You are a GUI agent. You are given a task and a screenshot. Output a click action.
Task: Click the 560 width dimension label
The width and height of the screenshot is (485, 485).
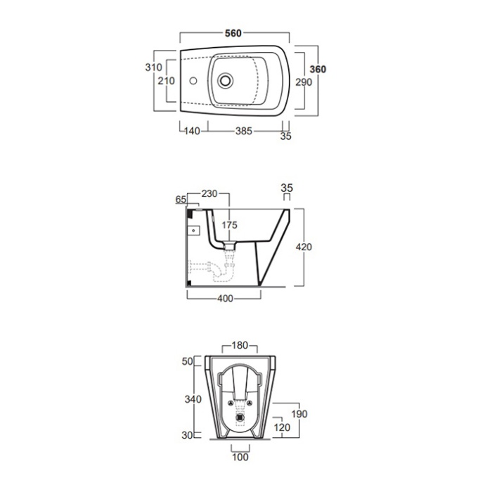(x=233, y=33)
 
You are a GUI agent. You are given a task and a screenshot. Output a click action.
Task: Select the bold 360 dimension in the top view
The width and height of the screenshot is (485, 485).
(x=318, y=69)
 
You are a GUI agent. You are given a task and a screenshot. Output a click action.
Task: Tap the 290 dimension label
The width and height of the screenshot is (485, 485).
(x=304, y=82)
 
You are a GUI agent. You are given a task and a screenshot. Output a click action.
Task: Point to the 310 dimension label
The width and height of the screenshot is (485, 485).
(x=154, y=67)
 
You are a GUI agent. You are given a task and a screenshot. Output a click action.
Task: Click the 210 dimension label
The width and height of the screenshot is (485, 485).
(x=167, y=81)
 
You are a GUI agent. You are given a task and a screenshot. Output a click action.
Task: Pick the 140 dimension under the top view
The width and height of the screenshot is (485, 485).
(x=192, y=131)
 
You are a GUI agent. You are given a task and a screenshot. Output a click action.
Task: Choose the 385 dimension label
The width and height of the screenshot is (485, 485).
(x=244, y=131)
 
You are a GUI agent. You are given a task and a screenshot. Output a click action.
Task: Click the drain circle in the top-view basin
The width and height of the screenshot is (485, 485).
(x=225, y=81)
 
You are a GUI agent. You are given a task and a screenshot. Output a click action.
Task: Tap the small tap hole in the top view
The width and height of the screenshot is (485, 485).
(x=193, y=81)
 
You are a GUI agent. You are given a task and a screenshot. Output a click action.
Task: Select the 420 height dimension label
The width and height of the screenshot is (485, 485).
(x=304, y=247)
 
